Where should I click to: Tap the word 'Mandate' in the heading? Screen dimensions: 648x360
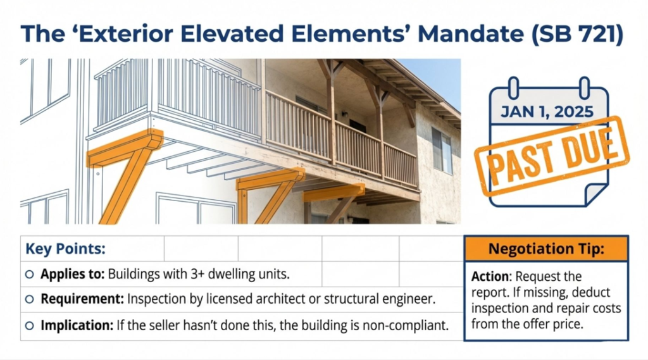[x=471, y=34]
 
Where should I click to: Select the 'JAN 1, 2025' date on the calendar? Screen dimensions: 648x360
[x=547, y=111]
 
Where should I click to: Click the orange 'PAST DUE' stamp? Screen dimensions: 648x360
[x=552, y=156]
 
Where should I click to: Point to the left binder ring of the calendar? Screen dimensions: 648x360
[x=513, y=87]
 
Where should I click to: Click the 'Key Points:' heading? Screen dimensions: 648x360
[x=65, y=249]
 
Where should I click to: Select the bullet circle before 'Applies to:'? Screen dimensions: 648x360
[x=29, y=274]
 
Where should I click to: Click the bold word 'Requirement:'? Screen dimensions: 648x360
[x=82, y=299]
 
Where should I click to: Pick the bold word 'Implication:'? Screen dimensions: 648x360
[x=77, y=325]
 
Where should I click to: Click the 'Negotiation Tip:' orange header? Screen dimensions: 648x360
[x=546, y=249]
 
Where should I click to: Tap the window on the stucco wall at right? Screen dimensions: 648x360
[x=442, y=151]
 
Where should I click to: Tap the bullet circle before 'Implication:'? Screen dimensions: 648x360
[x=29, y=326]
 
